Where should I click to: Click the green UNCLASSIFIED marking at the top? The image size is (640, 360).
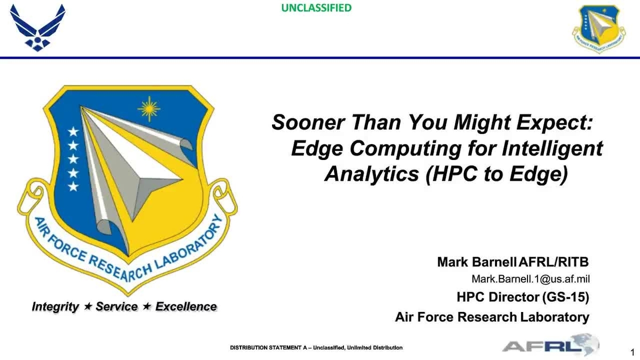coord(316,7)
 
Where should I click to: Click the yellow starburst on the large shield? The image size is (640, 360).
coord(149,109)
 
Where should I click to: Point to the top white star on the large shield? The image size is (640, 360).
coord(74,132)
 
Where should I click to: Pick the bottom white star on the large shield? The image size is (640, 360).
coord(74,186)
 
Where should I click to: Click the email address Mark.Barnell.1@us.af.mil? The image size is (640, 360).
coord(530,279)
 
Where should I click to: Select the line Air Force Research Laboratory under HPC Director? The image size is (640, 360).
coord(492,317)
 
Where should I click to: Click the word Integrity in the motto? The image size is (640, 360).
coord(55,307)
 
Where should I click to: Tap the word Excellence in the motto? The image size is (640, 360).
coord(186,307)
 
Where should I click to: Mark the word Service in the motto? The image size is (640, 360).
coord(117,307)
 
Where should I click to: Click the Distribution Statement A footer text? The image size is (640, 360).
coord(316,348)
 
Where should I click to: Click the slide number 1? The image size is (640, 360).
coord(632,352)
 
